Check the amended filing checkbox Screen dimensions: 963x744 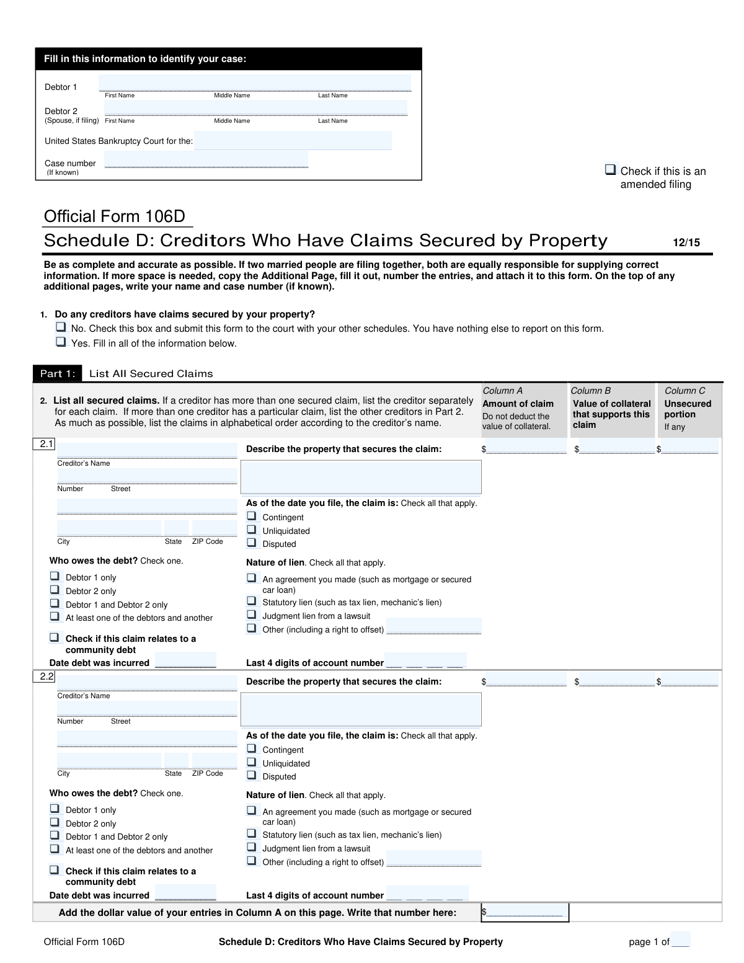pos(611,169)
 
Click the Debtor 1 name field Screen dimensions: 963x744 pos(254,83)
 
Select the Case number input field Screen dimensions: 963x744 pos(206,160)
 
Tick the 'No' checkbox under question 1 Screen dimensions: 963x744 pos(61,327)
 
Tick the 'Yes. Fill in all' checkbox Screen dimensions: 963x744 pos(61,342)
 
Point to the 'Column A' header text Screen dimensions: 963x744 pos(502,391)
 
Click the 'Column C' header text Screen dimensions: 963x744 pos(684,391)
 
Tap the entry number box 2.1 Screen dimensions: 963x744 pos(44,444)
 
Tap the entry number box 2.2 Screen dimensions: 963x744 pos(44,677)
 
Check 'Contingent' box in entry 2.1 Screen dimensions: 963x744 pos(252,516)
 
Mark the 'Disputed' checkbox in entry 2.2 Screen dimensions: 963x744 pos(252,775)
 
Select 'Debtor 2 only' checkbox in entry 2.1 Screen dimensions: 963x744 pos(55,590)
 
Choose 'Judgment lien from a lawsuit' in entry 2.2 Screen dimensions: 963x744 pos(252,847)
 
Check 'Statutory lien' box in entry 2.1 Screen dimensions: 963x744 pos(252,601)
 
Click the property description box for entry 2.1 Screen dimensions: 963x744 pos(360,477)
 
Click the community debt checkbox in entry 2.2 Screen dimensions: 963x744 pos(55,870)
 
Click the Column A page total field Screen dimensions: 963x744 pos(525,912)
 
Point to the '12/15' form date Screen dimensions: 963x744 pos(686,242)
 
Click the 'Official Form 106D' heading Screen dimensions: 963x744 pos(115,216)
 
